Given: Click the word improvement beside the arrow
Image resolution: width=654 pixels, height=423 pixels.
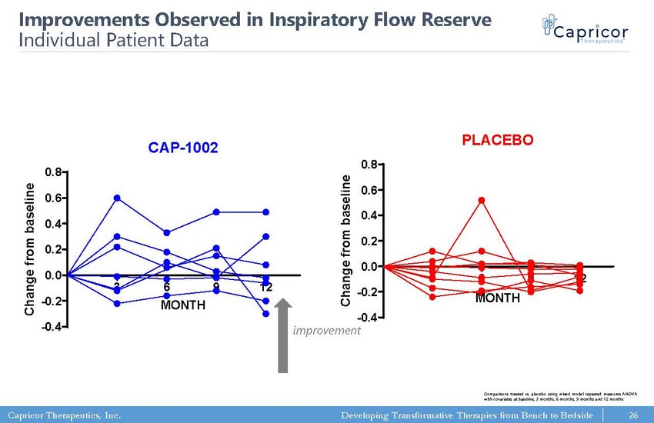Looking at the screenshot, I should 326,330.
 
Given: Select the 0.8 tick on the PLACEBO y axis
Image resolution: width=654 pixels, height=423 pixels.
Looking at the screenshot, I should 369,164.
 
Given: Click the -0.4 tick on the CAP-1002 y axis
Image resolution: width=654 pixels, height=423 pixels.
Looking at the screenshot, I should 52,326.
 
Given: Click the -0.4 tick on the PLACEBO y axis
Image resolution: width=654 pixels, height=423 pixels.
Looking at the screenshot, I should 367,318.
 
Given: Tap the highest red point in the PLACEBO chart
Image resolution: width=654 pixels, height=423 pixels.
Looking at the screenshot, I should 482,200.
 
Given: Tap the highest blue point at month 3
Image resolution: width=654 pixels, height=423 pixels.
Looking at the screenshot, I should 117,198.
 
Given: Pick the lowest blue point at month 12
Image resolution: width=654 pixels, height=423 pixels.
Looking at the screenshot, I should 265,313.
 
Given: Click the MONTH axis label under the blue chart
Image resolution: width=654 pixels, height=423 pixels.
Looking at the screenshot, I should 182,305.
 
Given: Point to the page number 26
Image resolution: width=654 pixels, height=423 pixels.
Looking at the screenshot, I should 633,415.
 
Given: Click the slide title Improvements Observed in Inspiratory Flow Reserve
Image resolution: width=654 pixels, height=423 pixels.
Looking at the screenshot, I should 255,20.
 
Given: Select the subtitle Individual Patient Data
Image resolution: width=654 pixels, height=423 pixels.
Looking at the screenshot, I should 113,40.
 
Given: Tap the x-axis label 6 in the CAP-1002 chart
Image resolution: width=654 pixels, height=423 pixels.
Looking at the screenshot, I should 167,287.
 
